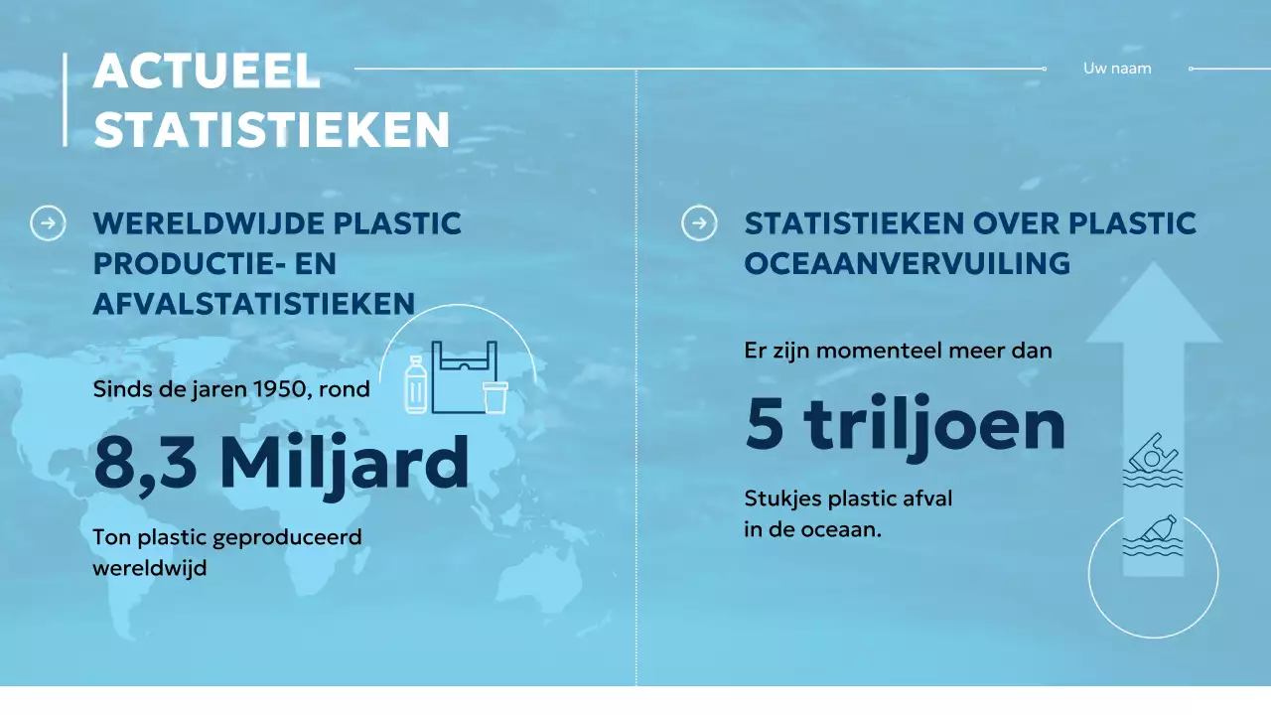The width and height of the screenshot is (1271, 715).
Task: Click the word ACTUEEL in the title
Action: [x=207, y=72]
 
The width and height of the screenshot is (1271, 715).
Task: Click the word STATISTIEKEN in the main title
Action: [x=272, y=130]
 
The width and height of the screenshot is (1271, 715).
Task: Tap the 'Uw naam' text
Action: [x=1117, y=69]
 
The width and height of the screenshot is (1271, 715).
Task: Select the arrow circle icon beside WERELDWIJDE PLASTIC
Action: [x=48, y=223]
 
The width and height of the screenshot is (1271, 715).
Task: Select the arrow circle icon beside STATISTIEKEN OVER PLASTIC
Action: [x=699, y=223]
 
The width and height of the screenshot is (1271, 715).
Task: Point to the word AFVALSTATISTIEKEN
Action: [x=253, y=303]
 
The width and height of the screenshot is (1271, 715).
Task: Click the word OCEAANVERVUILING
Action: [x=907, y=263]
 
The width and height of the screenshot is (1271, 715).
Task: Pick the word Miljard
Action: [x=344, y=464]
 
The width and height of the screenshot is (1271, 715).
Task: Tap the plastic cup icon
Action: [x=494, y=396]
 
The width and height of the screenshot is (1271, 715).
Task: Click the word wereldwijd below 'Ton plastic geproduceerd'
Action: [x=150, y=569]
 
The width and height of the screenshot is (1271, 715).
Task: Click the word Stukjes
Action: [x=780, y=499]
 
